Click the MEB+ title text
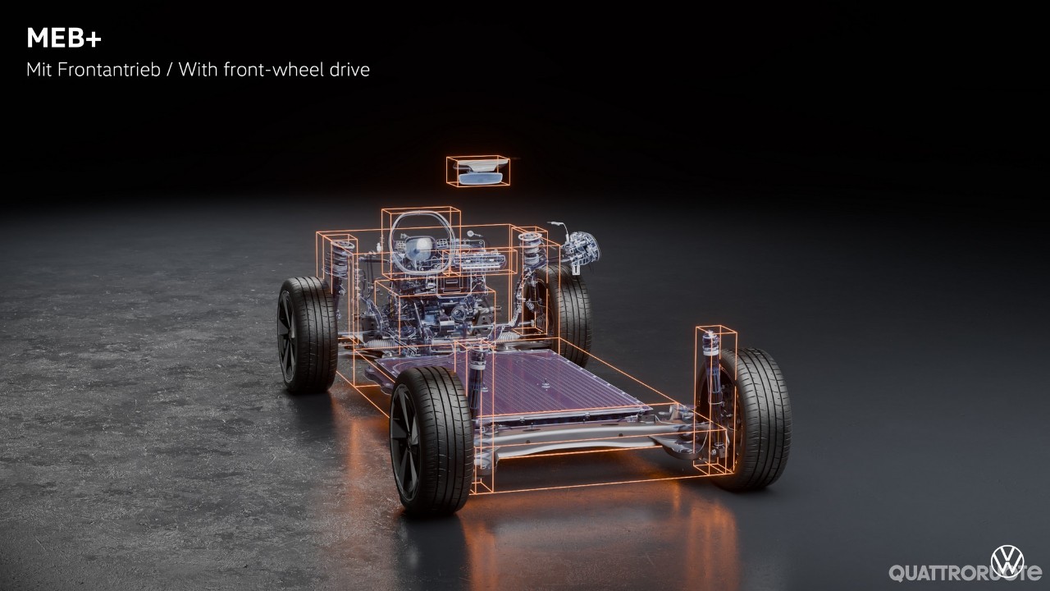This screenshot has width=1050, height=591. click(x=64, y=38)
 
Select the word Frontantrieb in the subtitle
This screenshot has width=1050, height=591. click(x=108, y=70)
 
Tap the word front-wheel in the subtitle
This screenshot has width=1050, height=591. click(x=273, y=70)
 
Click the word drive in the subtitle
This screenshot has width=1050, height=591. click(x=349, y=70)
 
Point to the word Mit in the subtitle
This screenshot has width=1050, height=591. click(x=39, y=70)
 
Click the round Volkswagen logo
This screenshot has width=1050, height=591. click(x=1007, y=561)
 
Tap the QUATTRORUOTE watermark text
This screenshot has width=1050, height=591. click(x=965, y=573)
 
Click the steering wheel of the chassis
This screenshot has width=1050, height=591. click(x=422, y=242)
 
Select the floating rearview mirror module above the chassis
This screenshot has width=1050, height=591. click(x=478, y=171)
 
